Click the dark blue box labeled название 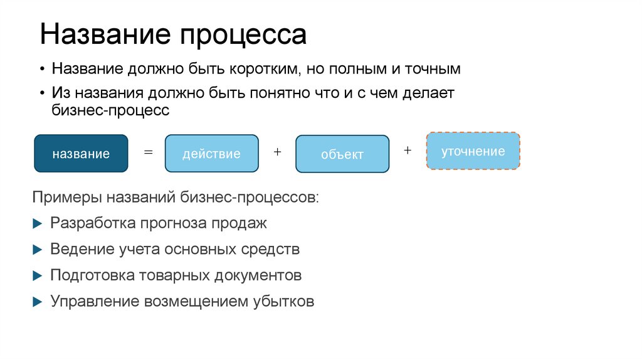[x=81, y=153]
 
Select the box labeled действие [x=211, y=153]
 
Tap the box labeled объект [x=342, y=154]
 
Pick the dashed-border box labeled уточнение [x=473, y=151]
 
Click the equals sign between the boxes [x=148, y=152]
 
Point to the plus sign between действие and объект [x=277, y=152]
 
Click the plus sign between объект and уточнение [x=408, y=151]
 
